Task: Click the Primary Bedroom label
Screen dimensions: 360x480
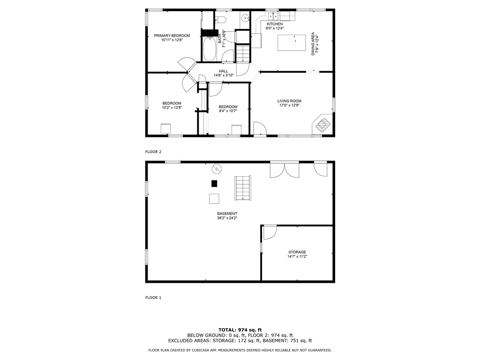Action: pyautogui.click(x=172, y=36)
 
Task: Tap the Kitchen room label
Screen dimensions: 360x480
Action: pyautogui.click(x=275, y=24)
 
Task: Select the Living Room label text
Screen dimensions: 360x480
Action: pyautogui.click(x=289, y=101)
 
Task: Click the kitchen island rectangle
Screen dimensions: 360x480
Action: pyautogui.click(x=291, y=43)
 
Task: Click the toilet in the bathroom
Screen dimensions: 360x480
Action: pyautogui.click(x=221, y=19)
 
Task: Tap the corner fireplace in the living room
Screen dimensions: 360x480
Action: pyautogui.click(x=322, y=124)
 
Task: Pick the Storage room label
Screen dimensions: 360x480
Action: pyautogui.click(x=297, y=252)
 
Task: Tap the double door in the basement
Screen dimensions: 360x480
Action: pyautogui.click(x=285, y=169)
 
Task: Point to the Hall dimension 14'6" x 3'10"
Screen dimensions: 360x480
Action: pyautogui.click(x=224, y=75)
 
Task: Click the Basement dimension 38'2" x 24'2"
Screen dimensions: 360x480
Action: pyautogui.click(x=227, y=218)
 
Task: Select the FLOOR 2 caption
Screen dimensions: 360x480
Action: pyautogui.click(x=153, y=152)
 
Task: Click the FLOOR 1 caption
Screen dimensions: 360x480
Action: pyautogui.click(x=153, y=298)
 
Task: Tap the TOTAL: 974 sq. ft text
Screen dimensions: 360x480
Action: pyautogui.click(x=240, y=330)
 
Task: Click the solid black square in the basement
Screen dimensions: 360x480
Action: pyautogui.click(x=214, y=183)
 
